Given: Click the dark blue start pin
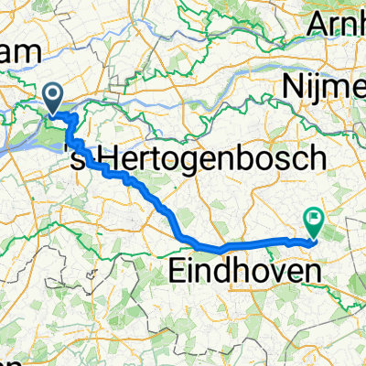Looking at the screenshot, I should [x=54, y=97].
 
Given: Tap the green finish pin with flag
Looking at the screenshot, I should [x=314, y=220].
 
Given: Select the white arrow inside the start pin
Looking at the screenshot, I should [x=54, y=93].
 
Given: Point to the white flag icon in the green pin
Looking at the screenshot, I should [x=314, y=218].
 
